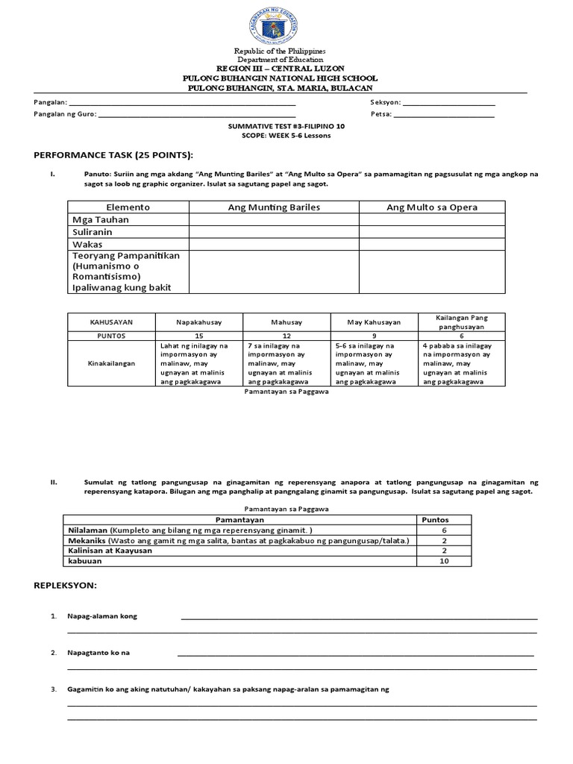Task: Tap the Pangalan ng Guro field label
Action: (64, 115)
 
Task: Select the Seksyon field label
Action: (385, 102)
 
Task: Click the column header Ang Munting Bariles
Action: (274, 207)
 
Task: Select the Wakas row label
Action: (87, 244)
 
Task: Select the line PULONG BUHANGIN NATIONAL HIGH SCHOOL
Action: (281, 78)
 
